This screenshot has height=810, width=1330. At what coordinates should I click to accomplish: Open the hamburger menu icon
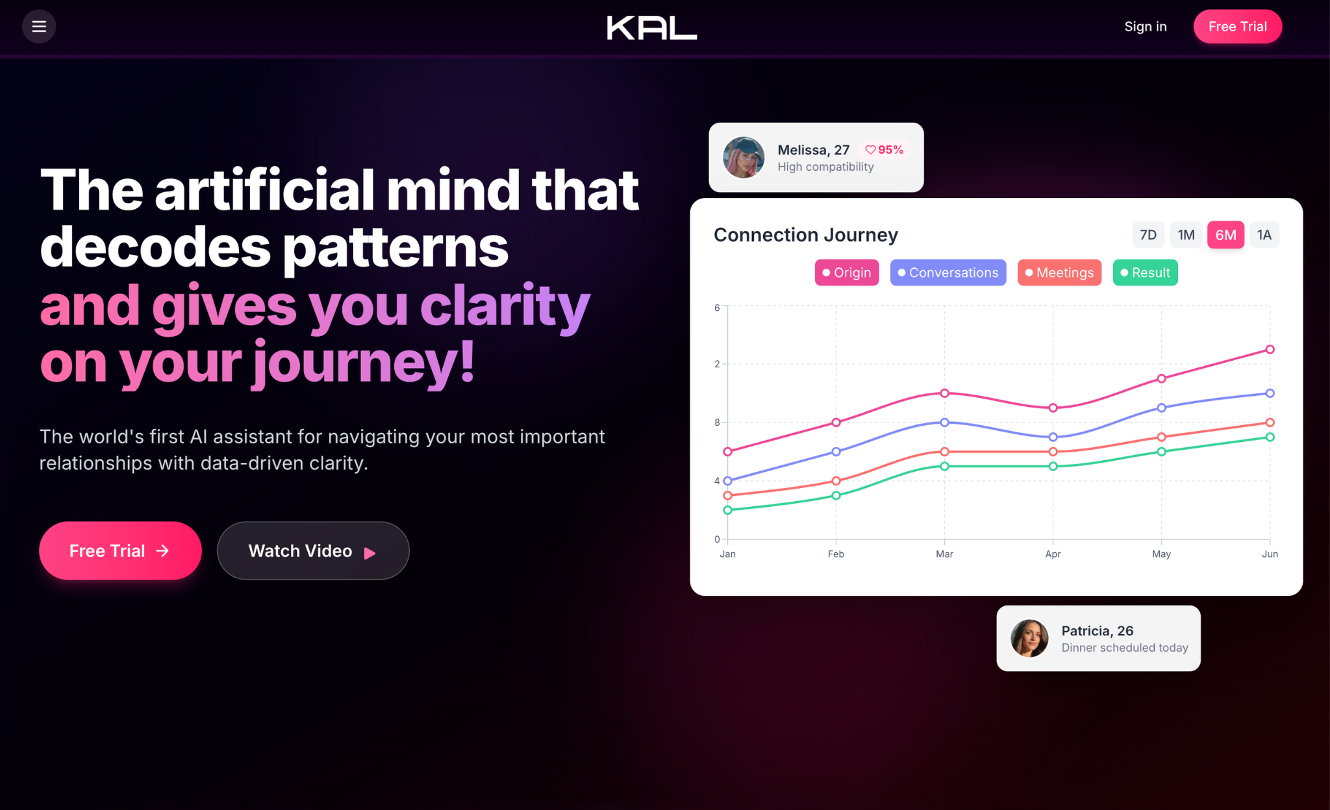39,27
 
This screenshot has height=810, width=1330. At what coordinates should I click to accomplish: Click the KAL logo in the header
652,28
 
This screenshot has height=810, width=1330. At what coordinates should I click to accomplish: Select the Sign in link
1146,27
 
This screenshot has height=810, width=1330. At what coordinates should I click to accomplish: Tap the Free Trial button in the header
1238,27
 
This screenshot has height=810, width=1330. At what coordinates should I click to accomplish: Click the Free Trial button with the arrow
120,550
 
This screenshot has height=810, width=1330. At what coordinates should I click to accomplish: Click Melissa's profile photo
744,157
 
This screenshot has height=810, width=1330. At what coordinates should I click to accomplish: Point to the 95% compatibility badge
885,150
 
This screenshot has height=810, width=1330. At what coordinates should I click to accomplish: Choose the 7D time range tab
1148,235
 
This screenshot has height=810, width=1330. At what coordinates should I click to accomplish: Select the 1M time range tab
1186,235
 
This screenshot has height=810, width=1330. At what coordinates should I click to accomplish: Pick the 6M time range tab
1226,235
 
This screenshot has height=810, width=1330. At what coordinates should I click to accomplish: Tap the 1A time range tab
1264,235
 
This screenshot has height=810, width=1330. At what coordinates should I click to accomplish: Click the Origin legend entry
847,273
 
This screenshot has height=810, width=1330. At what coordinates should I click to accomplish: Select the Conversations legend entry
948,273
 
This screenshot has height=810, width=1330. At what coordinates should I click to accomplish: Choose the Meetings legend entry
1059,273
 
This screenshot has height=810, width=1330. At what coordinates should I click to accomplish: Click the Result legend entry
1146,273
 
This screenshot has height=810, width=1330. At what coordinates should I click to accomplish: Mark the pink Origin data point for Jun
1270,349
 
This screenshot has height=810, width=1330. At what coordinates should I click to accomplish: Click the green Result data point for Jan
727,510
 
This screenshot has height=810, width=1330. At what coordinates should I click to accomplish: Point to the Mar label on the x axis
944,554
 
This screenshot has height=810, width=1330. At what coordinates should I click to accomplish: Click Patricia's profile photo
1030,638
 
